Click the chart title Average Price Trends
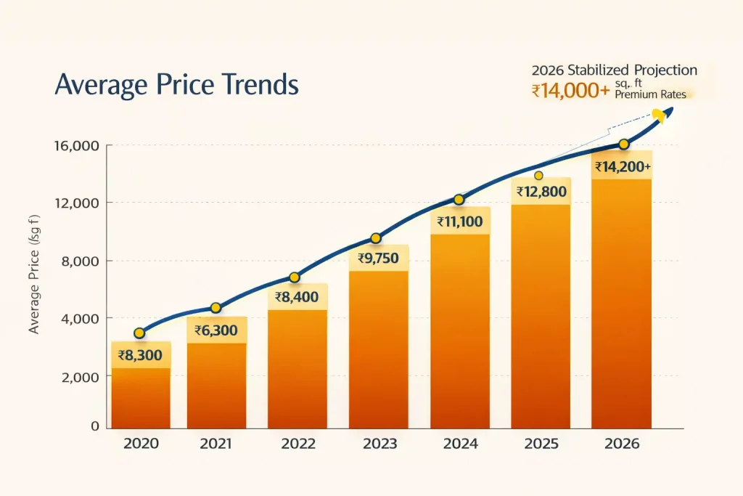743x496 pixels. coord(176,85)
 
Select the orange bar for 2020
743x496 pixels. coord(141,396)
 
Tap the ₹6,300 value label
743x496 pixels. coord(217,331)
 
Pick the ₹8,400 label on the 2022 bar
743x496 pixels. coord(297,296)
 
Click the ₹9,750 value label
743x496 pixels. coord(379,258)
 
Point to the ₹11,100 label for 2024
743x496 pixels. coord(459,221)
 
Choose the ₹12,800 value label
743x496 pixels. coord(541,192)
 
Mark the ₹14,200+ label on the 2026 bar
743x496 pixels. coord(622,167)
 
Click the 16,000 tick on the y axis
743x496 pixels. coord(76,146)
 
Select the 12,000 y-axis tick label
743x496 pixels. coord(76,203)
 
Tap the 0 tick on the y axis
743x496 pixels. coord(94,426)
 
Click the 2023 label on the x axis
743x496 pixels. coord(379,444)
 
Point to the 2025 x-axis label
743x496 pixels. coord(541,444)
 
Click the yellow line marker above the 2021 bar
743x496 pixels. coord(215,308)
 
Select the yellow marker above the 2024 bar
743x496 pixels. coord(459,200)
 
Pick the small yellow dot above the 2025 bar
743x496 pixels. coord(538,176)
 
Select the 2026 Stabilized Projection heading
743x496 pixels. coord(614,70)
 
